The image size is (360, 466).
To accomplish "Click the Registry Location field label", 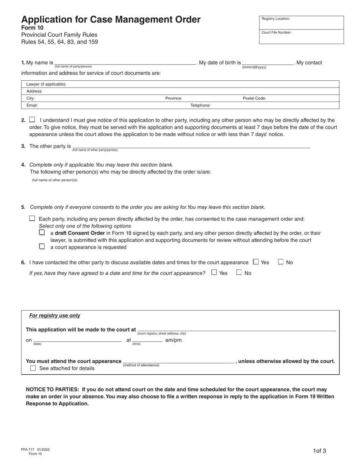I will point(275,19).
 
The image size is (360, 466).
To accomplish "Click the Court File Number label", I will point(276,33).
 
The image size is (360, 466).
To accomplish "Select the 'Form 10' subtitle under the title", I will point(32,28).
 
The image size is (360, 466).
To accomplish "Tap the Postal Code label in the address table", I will point(254,98).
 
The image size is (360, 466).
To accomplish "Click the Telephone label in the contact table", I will point(200,105).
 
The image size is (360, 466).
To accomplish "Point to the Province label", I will point(174,98).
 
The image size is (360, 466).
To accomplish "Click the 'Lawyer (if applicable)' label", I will point(46,84).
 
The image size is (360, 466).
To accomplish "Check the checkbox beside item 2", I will point(32,120).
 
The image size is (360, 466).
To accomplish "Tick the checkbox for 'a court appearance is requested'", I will point(42,247).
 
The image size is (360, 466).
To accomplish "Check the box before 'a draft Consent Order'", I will point(42,233).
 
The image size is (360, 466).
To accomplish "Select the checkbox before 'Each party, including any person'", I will point(32,219).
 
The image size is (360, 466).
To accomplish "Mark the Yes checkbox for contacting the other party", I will point(256,262).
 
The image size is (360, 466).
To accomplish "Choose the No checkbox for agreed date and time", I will point(239,272).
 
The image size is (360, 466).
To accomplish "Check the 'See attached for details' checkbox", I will point(33,368).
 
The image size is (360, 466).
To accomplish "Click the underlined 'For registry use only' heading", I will point(55,316).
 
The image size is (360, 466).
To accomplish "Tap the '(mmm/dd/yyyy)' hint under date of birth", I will point(254,67).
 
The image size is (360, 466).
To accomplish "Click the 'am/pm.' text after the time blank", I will point(174,340).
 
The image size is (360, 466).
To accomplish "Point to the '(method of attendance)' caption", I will point(141,365).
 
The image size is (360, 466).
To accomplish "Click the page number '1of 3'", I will point(319,451).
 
